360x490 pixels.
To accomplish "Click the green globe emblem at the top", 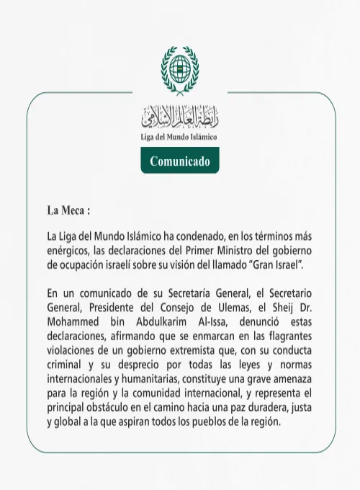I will click(x=179, y=70).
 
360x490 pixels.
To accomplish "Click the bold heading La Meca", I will click(x=68, y=212).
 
